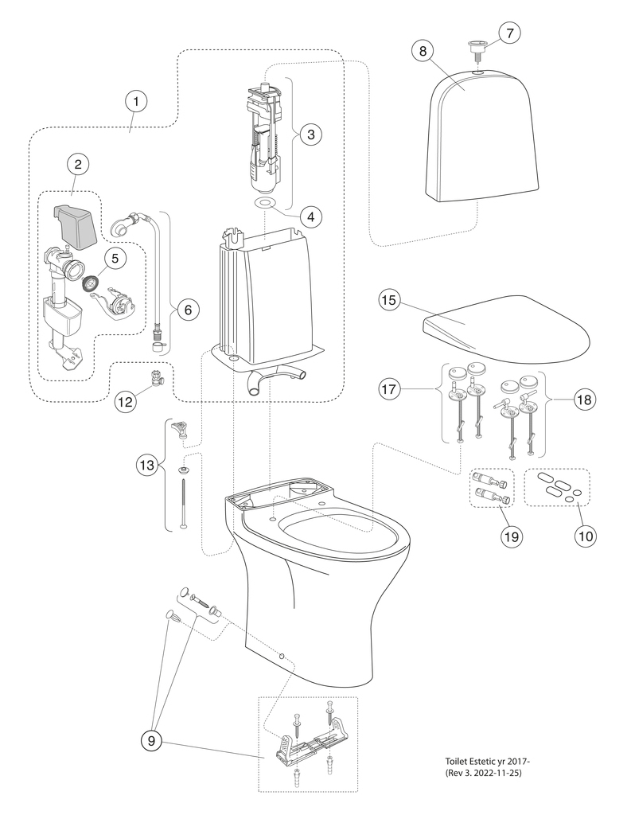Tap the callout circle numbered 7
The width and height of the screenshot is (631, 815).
point(510,32)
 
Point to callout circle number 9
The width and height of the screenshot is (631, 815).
point(150,740)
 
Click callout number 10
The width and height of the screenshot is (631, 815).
point(586,536)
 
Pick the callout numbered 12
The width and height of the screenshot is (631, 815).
point(125,402)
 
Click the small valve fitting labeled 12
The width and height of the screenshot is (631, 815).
point(157,375)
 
